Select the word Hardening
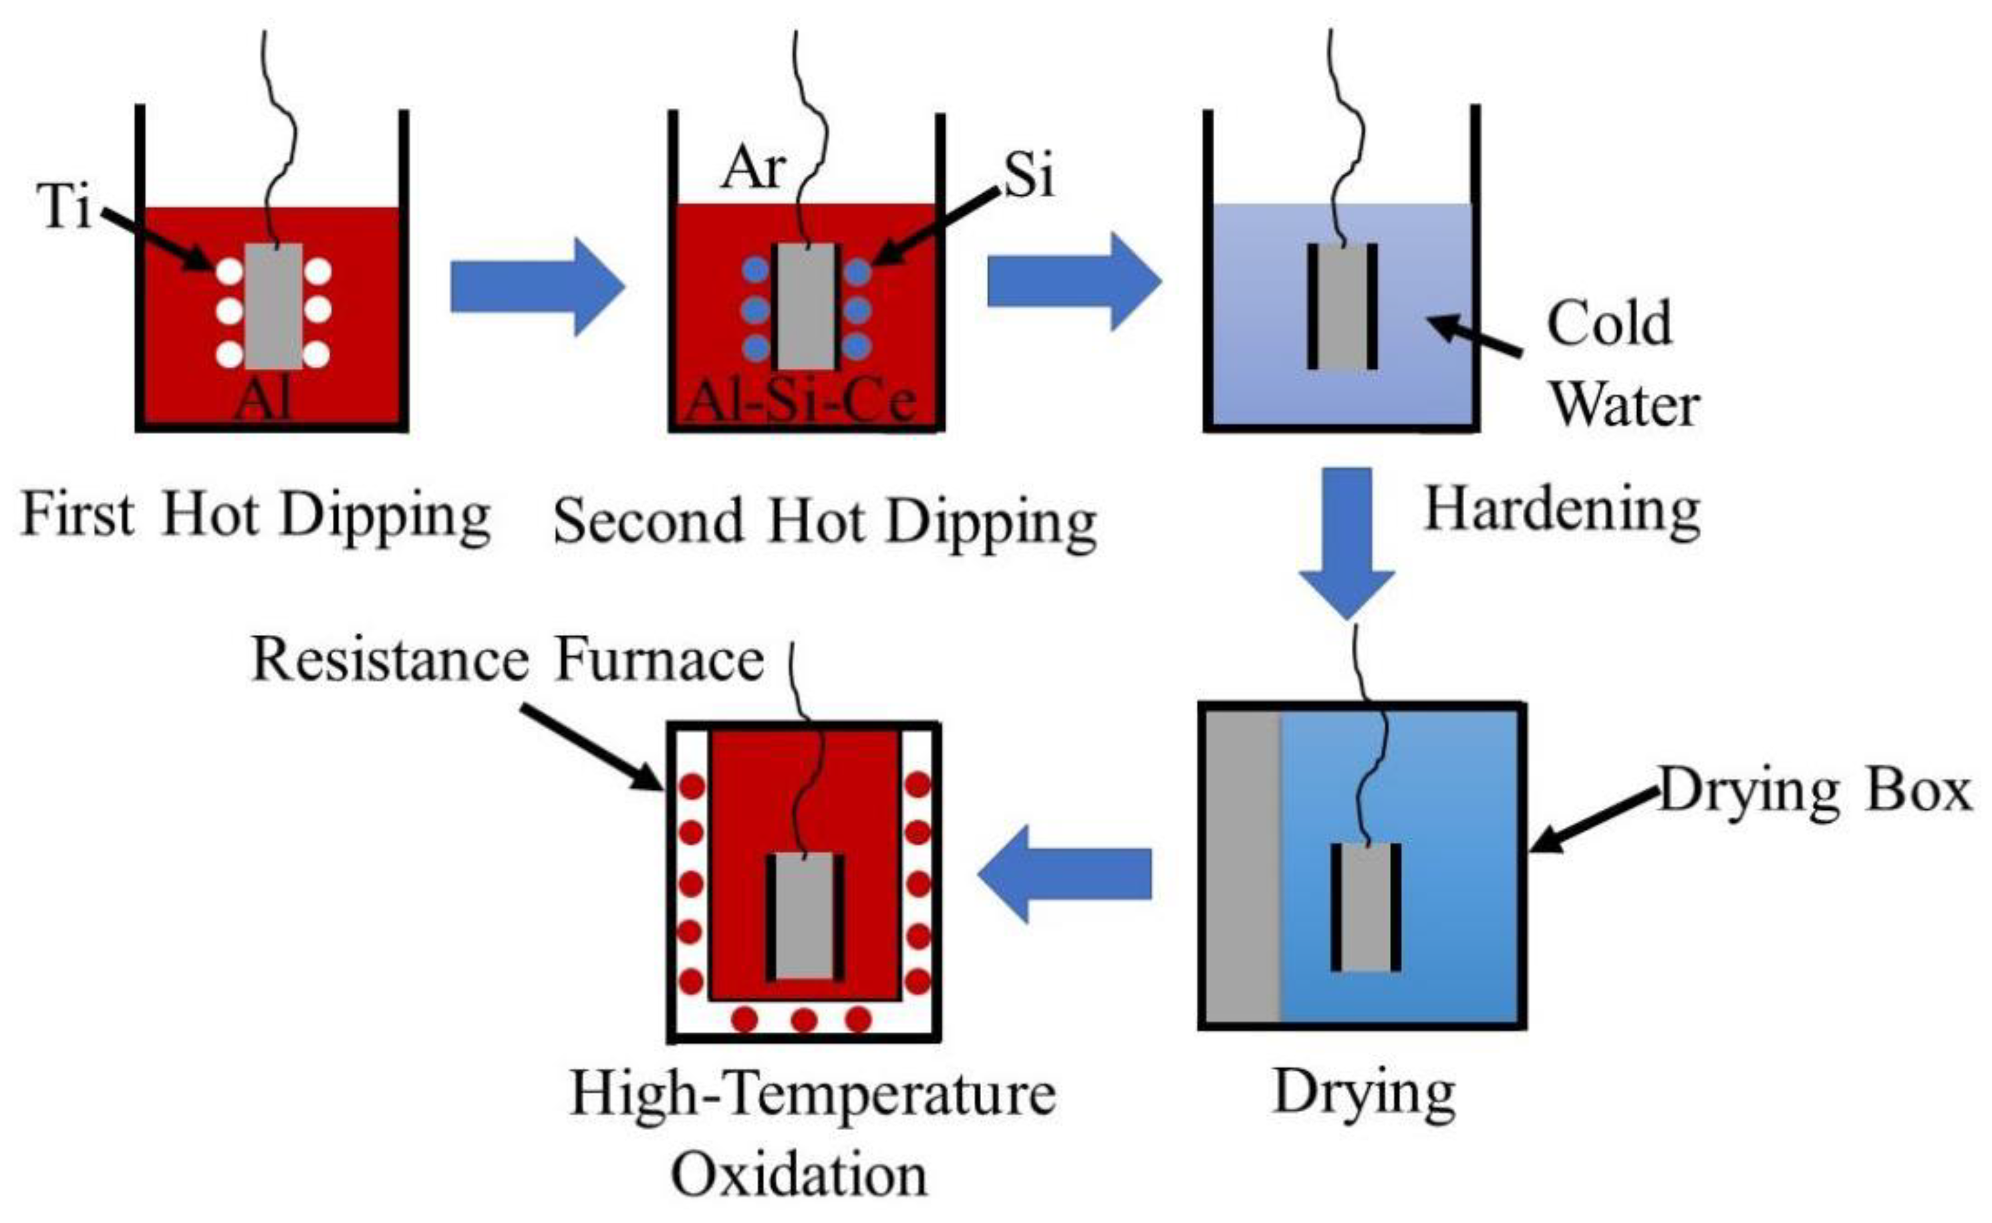click(1562, 511)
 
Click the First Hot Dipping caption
click(255, 515)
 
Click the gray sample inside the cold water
click(1342, 307)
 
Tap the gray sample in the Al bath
click(274, 306)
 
